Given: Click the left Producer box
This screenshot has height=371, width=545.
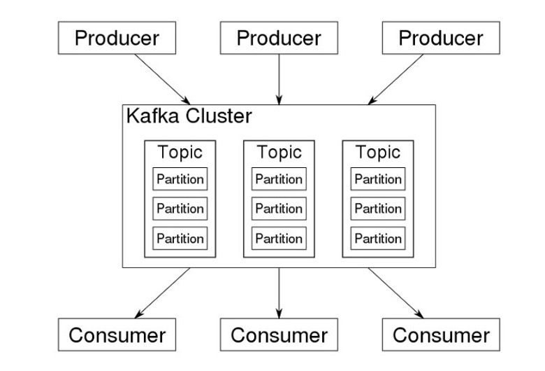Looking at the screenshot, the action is tap(117, 38).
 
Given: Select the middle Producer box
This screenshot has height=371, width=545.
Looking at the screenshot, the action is tap(279, 38).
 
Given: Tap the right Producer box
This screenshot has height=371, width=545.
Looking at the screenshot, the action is tap(441, 38).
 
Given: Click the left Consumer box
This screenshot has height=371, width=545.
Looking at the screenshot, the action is tap(117, 335).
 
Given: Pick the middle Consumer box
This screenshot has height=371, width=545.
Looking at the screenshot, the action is tap(279, 335).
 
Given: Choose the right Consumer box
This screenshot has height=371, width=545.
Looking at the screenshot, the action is tap(441, 335).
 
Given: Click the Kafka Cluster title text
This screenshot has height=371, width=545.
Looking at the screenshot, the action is tap(189, 115).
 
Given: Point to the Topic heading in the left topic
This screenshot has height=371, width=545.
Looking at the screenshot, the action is tap(180, 152).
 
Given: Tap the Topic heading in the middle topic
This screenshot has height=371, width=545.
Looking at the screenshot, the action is tap(279, 152).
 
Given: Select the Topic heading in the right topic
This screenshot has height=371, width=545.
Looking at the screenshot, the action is tap(378, 152).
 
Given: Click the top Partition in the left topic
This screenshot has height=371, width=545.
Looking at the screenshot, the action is tap(180, 179).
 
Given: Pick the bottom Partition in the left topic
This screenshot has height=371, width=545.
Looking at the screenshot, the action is tap(180, 238).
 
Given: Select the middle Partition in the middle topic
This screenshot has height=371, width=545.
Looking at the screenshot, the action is tap(279, 209).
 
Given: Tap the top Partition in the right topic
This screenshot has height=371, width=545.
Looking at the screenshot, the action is tap(378, 179).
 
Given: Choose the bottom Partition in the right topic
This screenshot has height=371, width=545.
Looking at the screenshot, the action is tap(378, 238).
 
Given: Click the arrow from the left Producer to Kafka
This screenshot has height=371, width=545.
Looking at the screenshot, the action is tap(162, 79).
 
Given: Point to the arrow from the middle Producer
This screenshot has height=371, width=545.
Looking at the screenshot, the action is tap(279, 79).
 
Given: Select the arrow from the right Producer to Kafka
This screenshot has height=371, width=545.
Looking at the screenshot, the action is tap(395, 79).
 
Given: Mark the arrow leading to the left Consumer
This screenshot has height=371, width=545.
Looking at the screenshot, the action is tap(162, 293).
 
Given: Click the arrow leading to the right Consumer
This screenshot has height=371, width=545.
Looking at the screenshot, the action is tap(395, 293).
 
